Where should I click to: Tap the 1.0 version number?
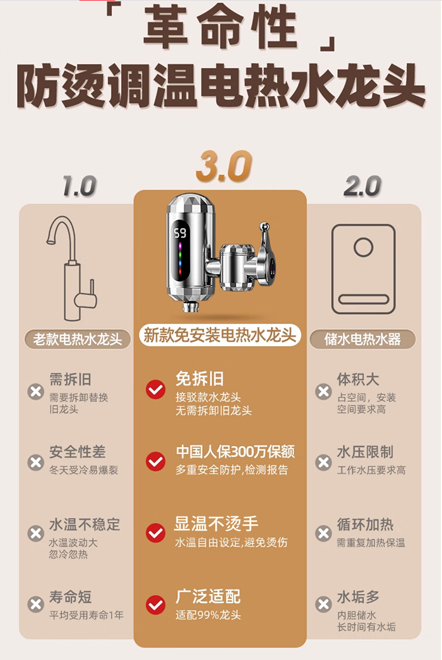(x=79, y=186)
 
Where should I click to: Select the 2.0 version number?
(x=363, y=186)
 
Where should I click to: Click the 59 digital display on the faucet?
(x=180, y=232)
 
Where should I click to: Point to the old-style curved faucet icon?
(x=73, y=268)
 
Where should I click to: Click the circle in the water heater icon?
(x=364, y=246)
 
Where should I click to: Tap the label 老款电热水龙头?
(x=78, y=339)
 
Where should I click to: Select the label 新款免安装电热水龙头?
(x=220, y=335)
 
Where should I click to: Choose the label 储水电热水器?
(x=363, y=339)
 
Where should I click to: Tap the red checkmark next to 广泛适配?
(x=155, y=605)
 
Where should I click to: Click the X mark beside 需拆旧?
(x=36, y=391)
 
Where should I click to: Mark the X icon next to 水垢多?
(x=324, y=604)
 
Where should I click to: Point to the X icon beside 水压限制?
(x=324, y=462)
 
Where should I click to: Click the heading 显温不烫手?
(x=216, y=524)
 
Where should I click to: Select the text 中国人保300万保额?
(x=235, y=452)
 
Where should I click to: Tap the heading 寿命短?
(x=70, y=597)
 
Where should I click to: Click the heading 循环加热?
(x=365, y=524)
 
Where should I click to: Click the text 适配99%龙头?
(x=208, y=615)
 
